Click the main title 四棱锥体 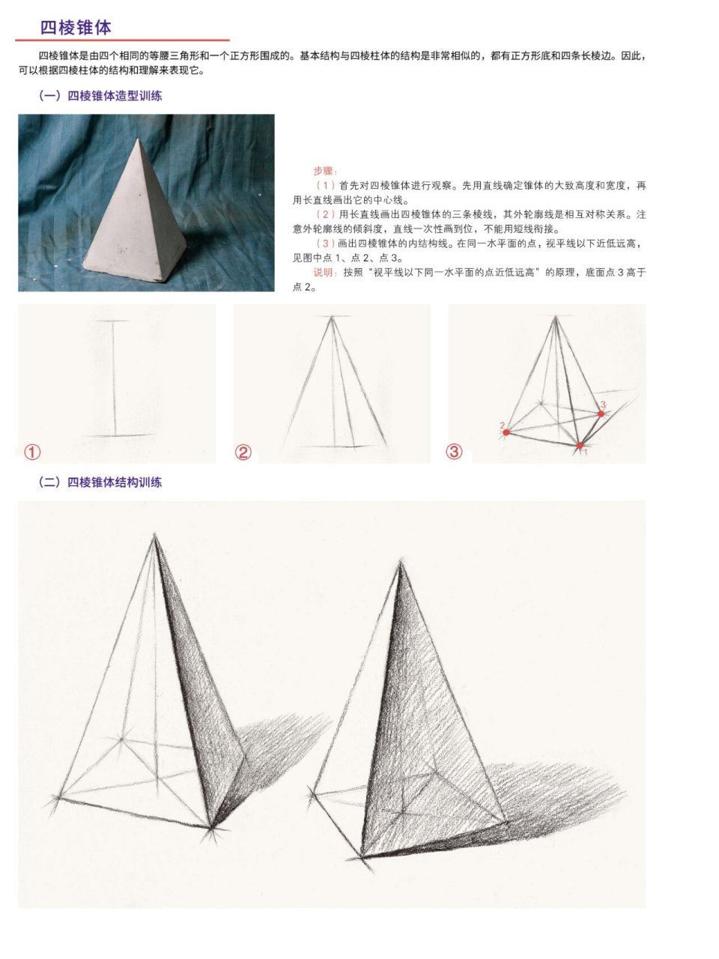click(76, 28)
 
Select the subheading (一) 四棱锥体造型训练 click(100, 96)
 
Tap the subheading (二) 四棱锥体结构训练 click(100, 482)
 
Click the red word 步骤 click(325, 172)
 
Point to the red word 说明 click(325, 273)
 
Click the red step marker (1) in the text click(326, 185)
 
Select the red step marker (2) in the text click(326, 214)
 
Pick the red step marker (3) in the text click(326, 243)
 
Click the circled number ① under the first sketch click(32, 452)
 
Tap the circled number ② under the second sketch click(243, 452)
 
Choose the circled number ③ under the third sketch click(455, 452)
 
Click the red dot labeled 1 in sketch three click(580, 446)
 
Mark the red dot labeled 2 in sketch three click(507, 432)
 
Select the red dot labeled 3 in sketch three click(601, 414)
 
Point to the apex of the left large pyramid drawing click(155, 535)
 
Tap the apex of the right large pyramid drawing click(401, 562)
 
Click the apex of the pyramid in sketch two click(331, 318)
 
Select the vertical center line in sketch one click(114, 378)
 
